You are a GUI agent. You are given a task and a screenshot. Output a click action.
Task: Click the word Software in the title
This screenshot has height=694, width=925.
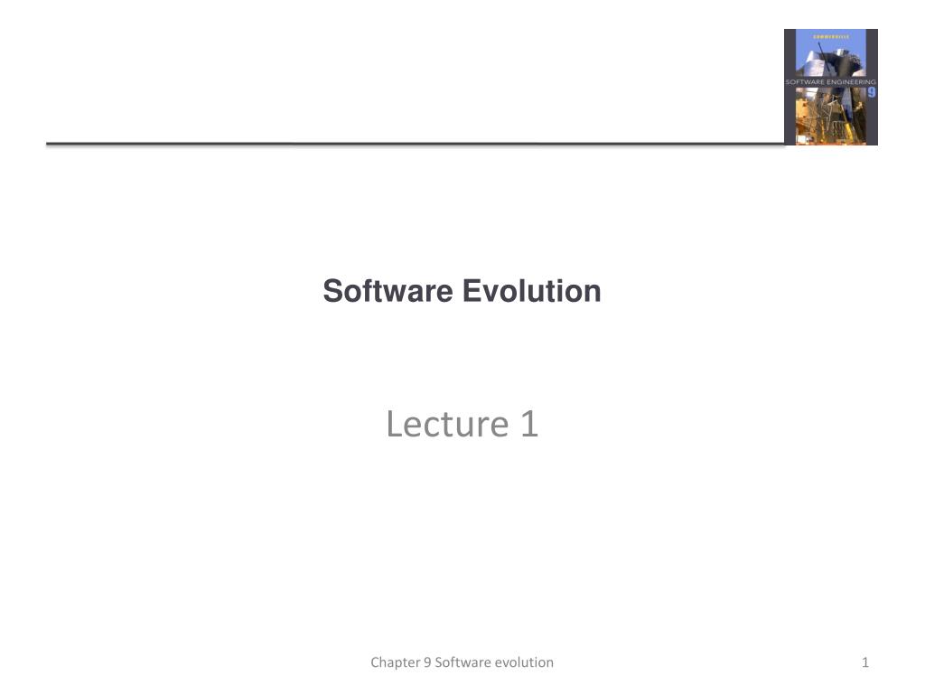coord(388,292)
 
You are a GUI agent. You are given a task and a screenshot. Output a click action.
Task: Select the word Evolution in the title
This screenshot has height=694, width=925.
coord(532,292)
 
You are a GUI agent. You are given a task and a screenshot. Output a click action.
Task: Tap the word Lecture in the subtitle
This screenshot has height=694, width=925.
coord(436,423)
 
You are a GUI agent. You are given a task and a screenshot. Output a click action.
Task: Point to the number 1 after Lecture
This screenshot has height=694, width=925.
coord(529,423)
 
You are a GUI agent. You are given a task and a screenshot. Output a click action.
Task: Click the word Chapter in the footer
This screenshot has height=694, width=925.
coord(395,662)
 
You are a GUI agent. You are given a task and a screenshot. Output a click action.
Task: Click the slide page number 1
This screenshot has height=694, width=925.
coord(865,662)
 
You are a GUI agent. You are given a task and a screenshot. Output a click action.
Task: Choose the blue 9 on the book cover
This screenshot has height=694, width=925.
coord(872,91)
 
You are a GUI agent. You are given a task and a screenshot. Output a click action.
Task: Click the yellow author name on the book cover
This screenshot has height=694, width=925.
coord(831,35)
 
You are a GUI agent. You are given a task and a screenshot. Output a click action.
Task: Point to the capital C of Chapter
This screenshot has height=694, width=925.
coord(375,662)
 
